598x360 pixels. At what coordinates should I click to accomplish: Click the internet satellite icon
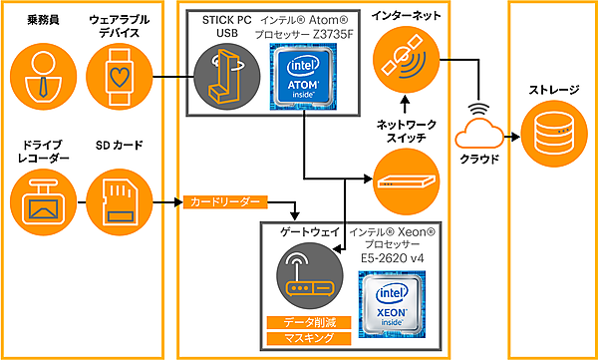(405, 63)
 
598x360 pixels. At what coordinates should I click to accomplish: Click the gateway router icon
(305, 274)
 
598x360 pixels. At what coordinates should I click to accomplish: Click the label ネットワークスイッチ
(405, 131)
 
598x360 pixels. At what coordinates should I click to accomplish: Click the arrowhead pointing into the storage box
(512, 136)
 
